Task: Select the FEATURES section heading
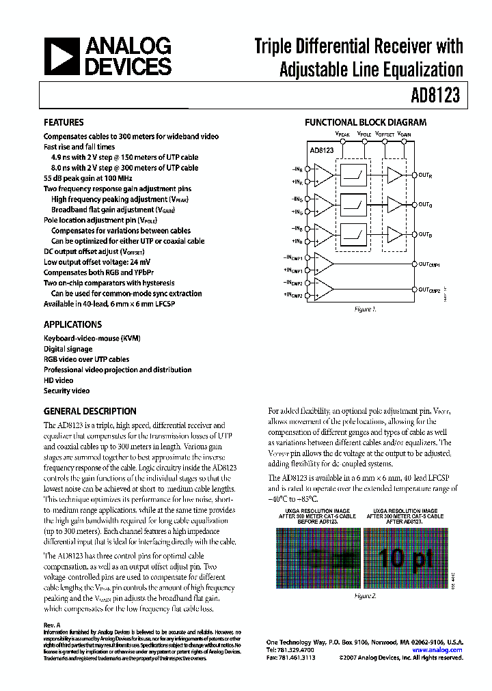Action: point(64,123)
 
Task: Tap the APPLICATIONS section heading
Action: point(72,325)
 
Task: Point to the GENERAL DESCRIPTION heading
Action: point(90,412)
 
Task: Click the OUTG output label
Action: point(425,204)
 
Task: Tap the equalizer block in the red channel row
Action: point(355,175)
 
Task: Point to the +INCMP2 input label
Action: point(292,294)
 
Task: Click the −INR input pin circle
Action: point(308,169)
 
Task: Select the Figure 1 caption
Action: point(364,309)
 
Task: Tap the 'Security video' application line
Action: point(66,391)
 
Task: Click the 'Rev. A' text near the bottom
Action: point(53,625)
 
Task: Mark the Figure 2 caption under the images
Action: point(364,595)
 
